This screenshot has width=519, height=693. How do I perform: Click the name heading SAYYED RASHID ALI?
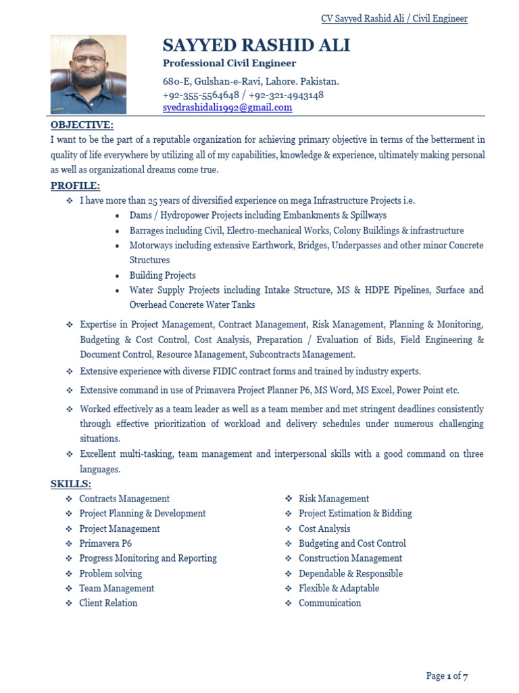(256, 45)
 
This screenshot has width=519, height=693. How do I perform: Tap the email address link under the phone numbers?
(227, 108)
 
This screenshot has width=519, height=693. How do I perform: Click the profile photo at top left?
(88, 74)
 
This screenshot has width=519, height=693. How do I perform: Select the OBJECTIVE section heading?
(82, 125)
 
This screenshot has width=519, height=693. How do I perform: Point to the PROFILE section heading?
(75, 185)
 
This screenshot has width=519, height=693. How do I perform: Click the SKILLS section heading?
(70, 484)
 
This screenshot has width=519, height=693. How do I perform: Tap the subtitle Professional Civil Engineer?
(229, 64)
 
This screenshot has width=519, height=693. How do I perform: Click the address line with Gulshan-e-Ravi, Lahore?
(251, 82)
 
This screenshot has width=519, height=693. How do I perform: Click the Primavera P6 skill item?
(105, 543)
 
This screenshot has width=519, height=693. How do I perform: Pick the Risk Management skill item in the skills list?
(334, 499)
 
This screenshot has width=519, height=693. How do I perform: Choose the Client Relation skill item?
(108, 603)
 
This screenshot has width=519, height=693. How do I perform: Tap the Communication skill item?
(330, 603)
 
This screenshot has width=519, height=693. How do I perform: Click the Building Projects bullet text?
(162, 275)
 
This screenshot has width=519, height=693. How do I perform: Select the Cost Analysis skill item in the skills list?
(324, 529)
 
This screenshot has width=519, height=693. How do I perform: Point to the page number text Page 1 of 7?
(447, 676)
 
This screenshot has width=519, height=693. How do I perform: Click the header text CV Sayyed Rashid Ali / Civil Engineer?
(394, 18)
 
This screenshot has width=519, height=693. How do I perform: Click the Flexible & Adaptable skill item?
(339, 588)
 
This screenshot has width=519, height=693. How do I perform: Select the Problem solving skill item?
(110, 573)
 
